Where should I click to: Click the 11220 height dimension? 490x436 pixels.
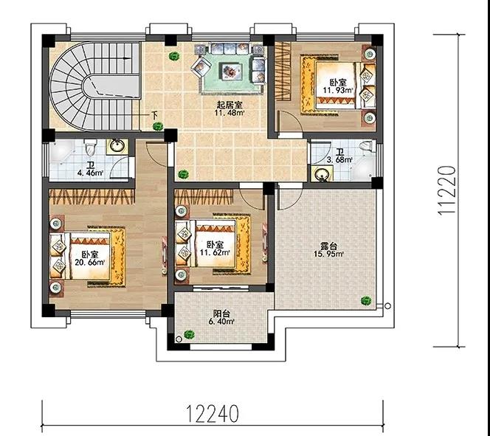tap(446, 190)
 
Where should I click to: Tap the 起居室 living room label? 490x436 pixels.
tap(230, 105)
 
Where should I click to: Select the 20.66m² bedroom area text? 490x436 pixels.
tap(90, 262)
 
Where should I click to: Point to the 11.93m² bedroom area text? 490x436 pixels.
tap(339, 90)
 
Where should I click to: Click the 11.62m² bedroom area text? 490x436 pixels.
tap(216, 251)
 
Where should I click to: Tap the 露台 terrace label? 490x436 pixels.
tap(328, 246)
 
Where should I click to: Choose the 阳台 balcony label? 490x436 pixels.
tap(222, 314)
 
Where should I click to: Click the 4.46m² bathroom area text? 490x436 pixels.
tap(90, 172)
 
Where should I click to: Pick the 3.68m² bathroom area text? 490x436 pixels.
tap(339, 160)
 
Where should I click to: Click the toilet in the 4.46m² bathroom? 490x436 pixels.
tap(91, 148)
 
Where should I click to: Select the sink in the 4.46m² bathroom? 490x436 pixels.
tap(117, 146)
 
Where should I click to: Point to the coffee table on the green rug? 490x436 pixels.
tap(231, 71)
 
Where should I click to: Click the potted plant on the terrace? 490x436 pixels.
tap(365, 301)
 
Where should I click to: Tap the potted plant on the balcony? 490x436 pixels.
tap(188, 334)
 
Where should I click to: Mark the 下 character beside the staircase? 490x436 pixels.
tap(154, 115)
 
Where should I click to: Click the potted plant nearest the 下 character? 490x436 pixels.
tap(158, 126)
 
